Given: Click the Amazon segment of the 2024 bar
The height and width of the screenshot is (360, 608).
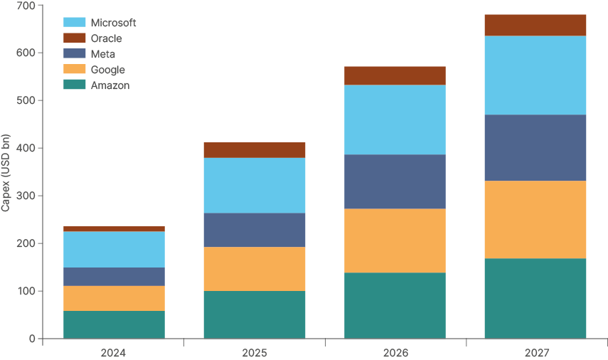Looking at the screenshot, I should coord(114,324).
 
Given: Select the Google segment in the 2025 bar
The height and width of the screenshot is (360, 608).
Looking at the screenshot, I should coord(255,269).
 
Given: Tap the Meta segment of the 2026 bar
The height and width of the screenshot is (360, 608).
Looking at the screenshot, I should coord(395,181).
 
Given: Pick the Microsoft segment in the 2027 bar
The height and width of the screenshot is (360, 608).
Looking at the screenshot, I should coord(535,75).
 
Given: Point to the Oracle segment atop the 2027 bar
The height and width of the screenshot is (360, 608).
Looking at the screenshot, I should coord(535,25).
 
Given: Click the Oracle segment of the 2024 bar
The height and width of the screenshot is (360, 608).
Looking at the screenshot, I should coord(114,228).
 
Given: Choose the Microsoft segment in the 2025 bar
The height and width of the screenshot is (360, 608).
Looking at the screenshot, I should coord(255,185).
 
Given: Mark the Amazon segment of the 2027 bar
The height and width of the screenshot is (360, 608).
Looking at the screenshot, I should coord(535,298).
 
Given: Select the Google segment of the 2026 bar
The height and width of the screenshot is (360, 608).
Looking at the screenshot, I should coord(395,240).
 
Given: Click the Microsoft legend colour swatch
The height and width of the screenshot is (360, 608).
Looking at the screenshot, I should coord(75,23).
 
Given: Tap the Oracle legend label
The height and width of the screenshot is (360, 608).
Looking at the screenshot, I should coord(106,38).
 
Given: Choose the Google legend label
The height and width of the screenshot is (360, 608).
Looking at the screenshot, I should coord(107,70).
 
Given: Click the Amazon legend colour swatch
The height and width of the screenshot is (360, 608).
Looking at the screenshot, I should coord(75,85).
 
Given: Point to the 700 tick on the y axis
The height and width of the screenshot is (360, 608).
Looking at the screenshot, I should coord(26,6).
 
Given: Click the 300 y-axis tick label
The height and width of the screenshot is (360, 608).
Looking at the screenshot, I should coord(26,196).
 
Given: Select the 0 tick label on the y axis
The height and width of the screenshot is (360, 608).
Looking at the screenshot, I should coord(32,339).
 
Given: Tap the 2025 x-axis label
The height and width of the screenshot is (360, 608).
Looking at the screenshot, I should coord(255,353).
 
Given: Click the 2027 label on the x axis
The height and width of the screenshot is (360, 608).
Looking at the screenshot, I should coord(535,353).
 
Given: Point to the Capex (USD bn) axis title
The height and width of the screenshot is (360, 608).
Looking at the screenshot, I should coord(6,172).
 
